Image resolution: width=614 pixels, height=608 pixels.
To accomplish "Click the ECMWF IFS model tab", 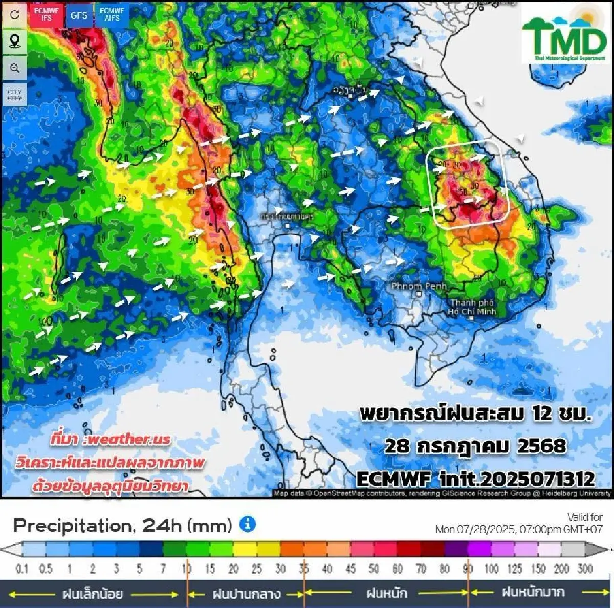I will [47, 14].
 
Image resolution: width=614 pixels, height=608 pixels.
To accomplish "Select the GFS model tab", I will [79, 15].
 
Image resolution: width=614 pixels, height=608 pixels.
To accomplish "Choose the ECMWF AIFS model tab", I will [112, 14].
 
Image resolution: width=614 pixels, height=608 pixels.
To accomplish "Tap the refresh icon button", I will [15, 14].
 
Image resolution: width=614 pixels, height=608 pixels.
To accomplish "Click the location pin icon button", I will [15, 41].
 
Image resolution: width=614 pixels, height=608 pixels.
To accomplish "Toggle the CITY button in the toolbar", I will [15, 95].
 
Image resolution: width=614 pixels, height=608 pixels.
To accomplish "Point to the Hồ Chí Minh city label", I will [472, 307].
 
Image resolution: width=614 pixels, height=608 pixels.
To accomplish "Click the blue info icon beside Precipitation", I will [248, 525].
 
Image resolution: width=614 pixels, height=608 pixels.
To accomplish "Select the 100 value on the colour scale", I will [491, 569].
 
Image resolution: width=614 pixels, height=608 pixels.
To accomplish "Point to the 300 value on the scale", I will [585, 569].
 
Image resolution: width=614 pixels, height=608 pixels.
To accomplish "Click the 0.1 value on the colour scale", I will [21, 569].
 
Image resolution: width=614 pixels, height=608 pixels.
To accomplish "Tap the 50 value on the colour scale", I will [374, 569].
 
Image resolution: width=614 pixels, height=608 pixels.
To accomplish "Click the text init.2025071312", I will [517, 479].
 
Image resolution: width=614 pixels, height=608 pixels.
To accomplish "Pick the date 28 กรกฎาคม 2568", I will [475, 446].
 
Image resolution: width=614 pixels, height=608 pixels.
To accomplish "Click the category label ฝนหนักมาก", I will [533, 593].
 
